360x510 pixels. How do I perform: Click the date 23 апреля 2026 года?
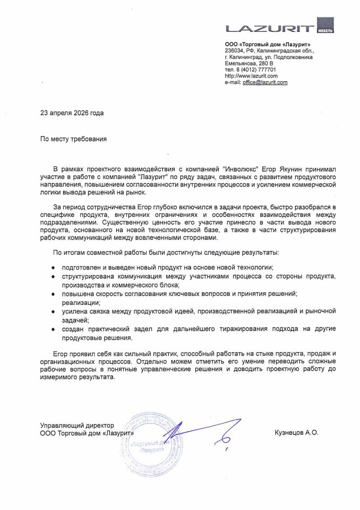(x=72, y=113)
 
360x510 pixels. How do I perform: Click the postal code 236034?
(x=235, y=50)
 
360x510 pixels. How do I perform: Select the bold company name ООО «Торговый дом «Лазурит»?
(x=268, y=44)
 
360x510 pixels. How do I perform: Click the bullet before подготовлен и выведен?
(x=53, y=268)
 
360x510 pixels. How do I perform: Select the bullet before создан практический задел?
(x=53, y=329)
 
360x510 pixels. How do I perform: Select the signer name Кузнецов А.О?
(x=296, y=433)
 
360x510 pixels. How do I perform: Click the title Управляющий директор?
(x=77, y=426)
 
